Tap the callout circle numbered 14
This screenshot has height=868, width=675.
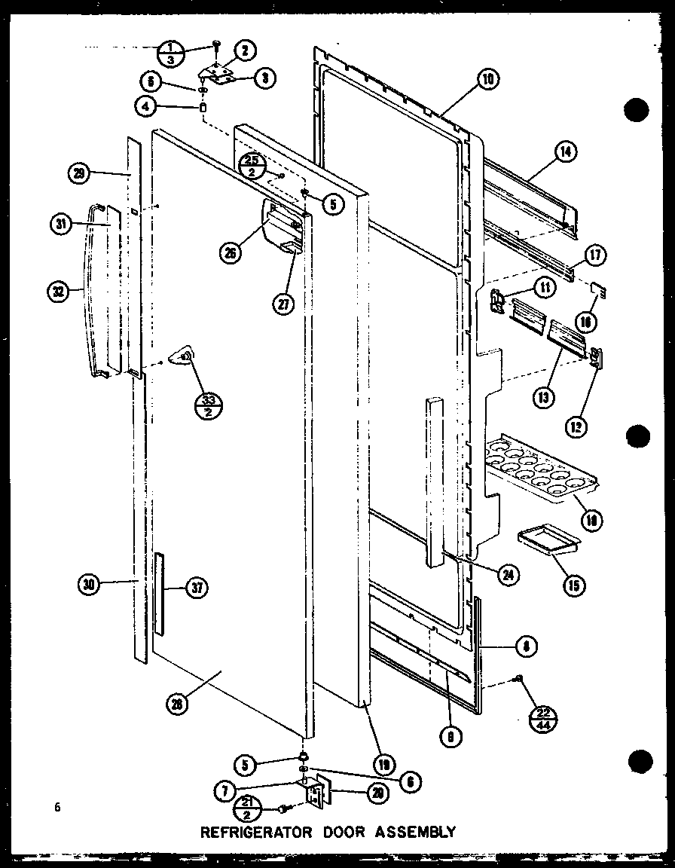coord(565,153)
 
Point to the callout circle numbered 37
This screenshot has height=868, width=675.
coord(197,589)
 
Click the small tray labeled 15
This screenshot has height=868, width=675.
coord(547,541)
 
